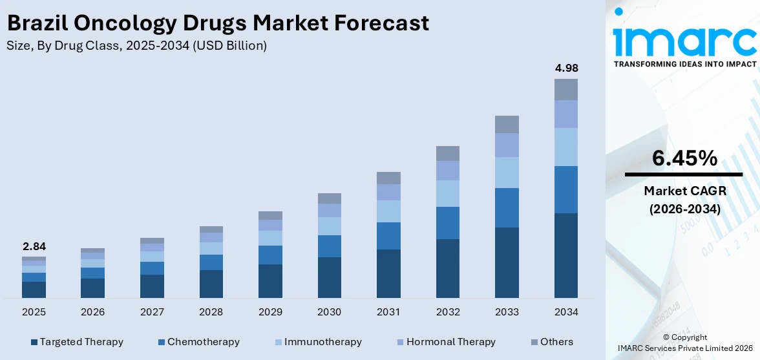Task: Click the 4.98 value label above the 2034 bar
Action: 565,69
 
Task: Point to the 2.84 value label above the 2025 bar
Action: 34,246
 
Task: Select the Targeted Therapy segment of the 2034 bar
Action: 565,255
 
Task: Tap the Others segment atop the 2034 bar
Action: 565,89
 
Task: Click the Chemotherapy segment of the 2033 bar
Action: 507,207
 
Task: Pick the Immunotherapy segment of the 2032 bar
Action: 447,193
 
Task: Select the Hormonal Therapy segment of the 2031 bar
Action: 388,192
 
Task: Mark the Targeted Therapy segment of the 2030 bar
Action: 329,277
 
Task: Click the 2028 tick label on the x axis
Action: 211,312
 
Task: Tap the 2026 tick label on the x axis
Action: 92,312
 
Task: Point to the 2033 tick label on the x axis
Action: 507,312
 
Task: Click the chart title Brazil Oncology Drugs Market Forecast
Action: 217,23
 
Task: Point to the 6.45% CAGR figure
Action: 684,158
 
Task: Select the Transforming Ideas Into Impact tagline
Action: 684,64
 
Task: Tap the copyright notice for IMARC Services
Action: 684,343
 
